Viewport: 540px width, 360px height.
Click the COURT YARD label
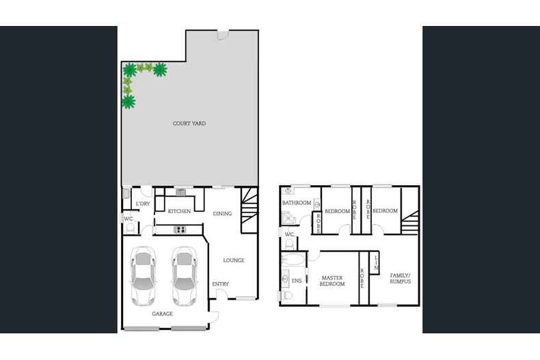pos(189,124)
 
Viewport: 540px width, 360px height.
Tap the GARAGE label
pos(162,314)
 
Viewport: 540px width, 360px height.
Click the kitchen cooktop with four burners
pos(181,230)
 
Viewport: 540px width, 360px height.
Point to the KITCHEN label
pos(179,212)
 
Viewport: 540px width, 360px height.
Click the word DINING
pos(222,214)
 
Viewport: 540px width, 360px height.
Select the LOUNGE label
pos(233,260)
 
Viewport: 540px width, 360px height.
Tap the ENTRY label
pos(220,284)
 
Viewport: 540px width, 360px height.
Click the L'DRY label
pos(142,204)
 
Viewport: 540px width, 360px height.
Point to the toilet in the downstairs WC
pos(129,227)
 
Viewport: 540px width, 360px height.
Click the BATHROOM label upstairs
pos(297,203)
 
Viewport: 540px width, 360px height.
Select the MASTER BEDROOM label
pos(333,280)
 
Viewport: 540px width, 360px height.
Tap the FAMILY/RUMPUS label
pos(400,279)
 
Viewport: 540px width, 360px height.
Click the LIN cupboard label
pos(375,260)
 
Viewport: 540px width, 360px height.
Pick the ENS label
pos(297,280)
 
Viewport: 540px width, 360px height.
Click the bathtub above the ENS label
pos(295,260)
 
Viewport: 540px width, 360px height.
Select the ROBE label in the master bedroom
pos(362,279)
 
